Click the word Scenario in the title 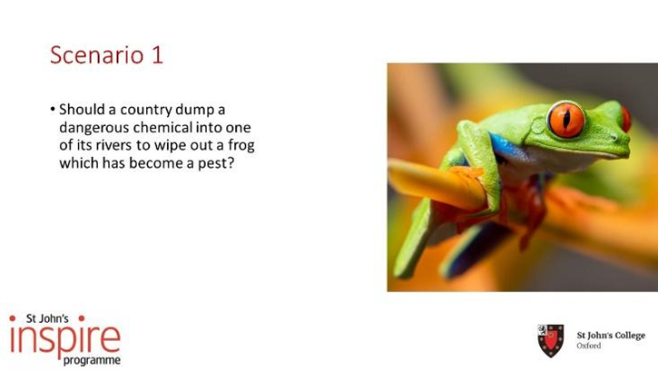pyautogui.click(x=97, y=55)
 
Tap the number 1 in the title pyautogui.click(x=157, y=55)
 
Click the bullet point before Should pyautogui.click(x=53, y=110)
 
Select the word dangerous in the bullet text pyautogui.click(x=94, y=127)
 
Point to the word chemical pyautogui.click(x=162, y=127)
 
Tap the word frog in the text pyautogui.click(x=241, y=145)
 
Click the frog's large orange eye pyautogui.click(x=566, y=120)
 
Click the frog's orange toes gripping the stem pyautogui.click(x=466, y=177)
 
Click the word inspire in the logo pyautogui.click(x=65, y=338)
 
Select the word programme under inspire pyautogui.click(x=92, y=360)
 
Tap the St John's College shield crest pyautogui.click(x=551, y=340)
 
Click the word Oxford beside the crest pyautogui.click(x=589, y=346)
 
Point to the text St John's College pyautogui.click(x=611, y=336)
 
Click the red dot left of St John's pyautogui.click(x=13, y=318)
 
